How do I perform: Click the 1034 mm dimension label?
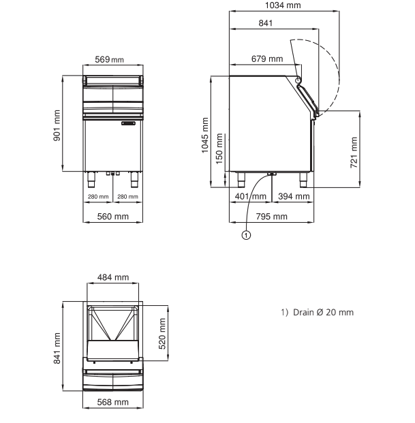(x=283, y=5)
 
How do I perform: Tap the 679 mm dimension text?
(x=267, y=59)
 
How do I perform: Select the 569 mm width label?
(x=109, y=59)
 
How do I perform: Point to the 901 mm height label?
(x=57, y=125)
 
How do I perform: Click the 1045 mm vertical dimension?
(x=205, y=135)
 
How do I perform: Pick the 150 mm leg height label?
(x=219, y=148)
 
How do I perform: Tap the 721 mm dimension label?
(x=354, y=153)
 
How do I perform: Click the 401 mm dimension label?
(x=250, y=196)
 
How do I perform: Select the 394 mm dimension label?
(x=294, y=196)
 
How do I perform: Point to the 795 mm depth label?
(x=271, y=217)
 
